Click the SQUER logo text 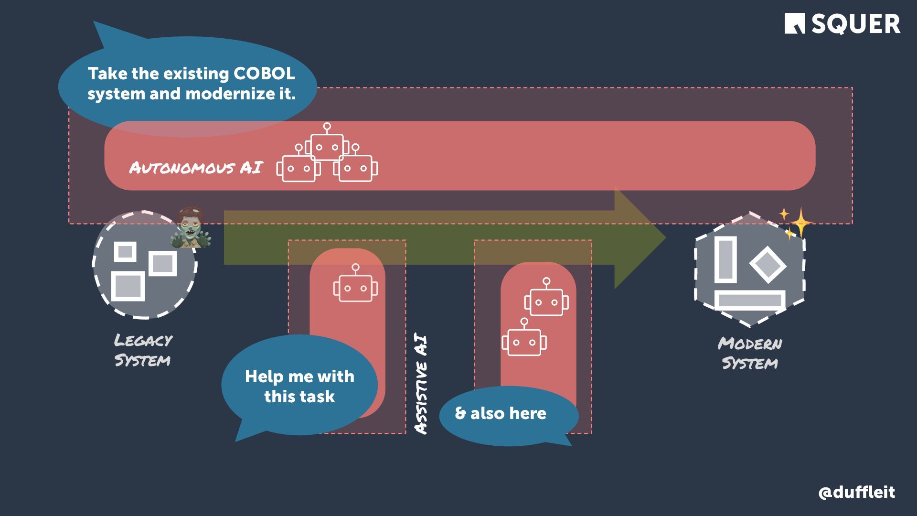tap(855, 24)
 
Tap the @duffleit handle tap(856, 492)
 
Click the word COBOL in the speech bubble tap(264, 74)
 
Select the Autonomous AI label tap(196, 168)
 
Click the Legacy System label tap(143, 350)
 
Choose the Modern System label tap(750, 353)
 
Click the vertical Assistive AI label tap(421, 385)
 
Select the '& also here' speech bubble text tap(500, 413)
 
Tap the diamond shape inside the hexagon tap(768, 264)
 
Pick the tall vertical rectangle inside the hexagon tap(725, 259)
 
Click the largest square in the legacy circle tap(128, 286)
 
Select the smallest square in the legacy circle tap(125, 251)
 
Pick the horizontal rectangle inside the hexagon tap(750, 301)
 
